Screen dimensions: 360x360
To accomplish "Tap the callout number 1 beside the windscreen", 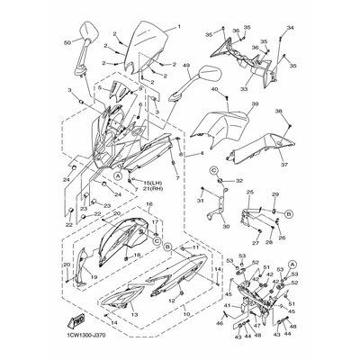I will click(178, 27).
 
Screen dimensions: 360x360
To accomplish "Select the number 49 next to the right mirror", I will click(186, 66).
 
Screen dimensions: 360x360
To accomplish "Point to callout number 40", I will click(215, 90).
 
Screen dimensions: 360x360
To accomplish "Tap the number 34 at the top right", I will click(291, 30).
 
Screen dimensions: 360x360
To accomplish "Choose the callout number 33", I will click(243, 89).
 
